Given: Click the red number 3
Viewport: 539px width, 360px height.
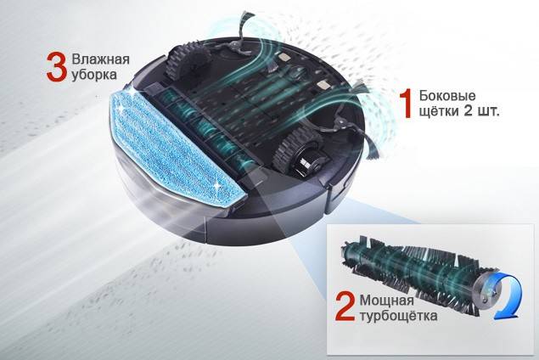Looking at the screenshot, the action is [57, 67].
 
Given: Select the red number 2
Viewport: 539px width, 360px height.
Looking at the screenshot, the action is [345, 307].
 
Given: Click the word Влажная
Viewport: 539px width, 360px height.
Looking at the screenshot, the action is [100, 59].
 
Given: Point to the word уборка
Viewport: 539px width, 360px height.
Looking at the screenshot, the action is [94, 75].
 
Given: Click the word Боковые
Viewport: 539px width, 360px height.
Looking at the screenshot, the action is [447, 95].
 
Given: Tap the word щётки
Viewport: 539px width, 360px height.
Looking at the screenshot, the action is [439, 110].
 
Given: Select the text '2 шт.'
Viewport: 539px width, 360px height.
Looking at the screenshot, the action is [481, 111].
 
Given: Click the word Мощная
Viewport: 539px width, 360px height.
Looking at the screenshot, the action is [387, 301].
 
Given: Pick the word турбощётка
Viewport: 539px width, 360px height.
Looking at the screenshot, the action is [398, 316].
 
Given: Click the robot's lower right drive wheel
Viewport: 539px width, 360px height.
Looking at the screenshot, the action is [299, 150].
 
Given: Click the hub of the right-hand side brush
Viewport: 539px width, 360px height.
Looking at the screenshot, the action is [341, 121].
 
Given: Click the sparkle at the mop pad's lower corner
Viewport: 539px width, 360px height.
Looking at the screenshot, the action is [216, 185].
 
